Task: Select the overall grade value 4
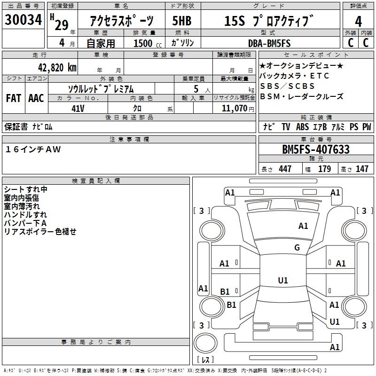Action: [358, 22]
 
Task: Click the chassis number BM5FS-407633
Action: [316, 150]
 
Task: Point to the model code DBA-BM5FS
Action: [269, 43]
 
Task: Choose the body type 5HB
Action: [183, 21]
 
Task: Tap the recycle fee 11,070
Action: [234, 108]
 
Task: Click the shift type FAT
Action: [14, 98]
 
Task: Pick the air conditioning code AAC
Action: [36, 98]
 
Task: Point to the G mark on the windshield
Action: [297, 248]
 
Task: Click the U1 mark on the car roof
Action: [282, 281]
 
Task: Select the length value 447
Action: [285, 169]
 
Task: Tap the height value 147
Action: [361, 169]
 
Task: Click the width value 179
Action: [324, 169]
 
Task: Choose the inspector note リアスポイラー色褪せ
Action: [40, 232]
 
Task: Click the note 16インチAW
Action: [33, 149]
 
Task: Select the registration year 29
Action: [62, 25]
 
